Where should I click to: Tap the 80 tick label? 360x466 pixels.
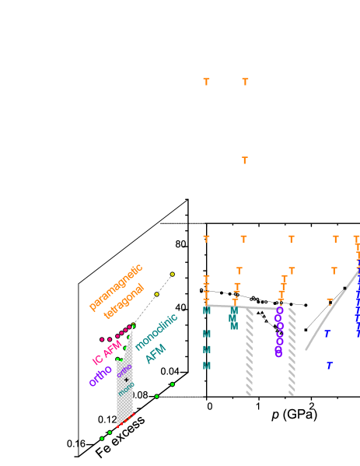click(180, 244)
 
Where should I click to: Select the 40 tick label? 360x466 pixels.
click(180, 307)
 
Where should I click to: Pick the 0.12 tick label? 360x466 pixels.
click(107, 419)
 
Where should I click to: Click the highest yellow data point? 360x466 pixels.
click(173, 275)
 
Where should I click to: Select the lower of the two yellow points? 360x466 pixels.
click(156, 294)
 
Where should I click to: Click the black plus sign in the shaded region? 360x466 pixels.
click(126, 379)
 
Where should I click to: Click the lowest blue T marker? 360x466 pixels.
click(330, 365)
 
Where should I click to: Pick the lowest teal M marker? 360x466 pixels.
click(207, 366)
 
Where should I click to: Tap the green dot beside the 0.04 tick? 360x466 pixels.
click(173, 384)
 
